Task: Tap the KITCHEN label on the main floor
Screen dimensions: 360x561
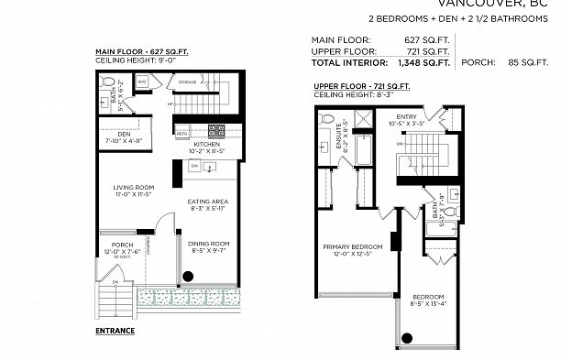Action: (206, 144)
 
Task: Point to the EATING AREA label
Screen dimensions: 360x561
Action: (207, 202)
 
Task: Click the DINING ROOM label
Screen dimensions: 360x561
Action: (208, 244)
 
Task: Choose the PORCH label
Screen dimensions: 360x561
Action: (122, 245)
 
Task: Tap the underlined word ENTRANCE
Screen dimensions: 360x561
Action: (115, 330)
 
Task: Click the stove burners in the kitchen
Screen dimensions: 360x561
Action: (216, 130)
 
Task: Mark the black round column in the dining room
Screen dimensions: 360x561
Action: (187, 276)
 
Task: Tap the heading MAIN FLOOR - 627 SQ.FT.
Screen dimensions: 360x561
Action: (142, 51)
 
